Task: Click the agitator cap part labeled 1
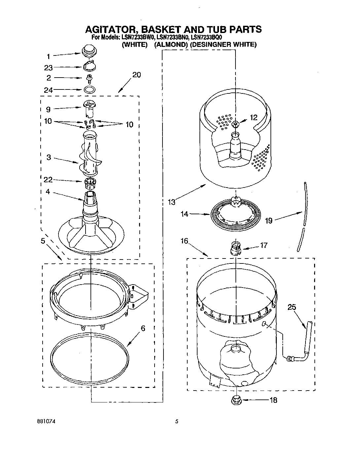pos(88,51)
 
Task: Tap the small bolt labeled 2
pos(89,78)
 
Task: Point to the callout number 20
pos(136,75)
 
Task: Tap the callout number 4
pos(48,191)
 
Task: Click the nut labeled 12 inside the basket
pos(235,124)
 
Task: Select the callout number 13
pos(171,202)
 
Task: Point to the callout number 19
pos(269,220)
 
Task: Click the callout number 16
pos(184,241)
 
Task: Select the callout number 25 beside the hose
pos(292,307)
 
